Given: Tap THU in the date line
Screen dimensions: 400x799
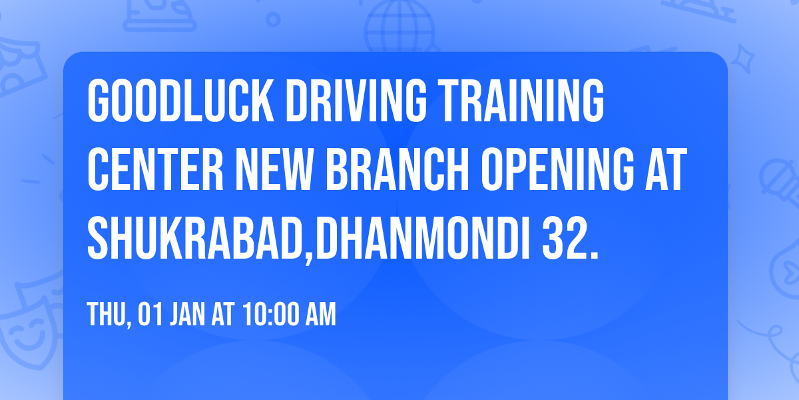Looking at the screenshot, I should [x=105, y=315].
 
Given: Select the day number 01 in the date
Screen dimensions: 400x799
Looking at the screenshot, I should [x=150, y=315].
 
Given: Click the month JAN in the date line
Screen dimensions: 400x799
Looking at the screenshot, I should [x=186, y=315].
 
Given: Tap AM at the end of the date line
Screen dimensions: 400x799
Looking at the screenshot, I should [x=320, y=315].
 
